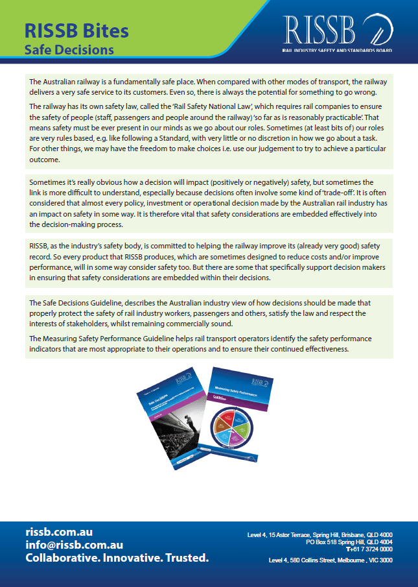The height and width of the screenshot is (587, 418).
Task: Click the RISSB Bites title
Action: click(76, 30)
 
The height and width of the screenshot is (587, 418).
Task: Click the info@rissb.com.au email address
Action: click(74, 545)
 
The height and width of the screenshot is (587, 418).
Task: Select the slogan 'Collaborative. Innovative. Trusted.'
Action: click(117, 558)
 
